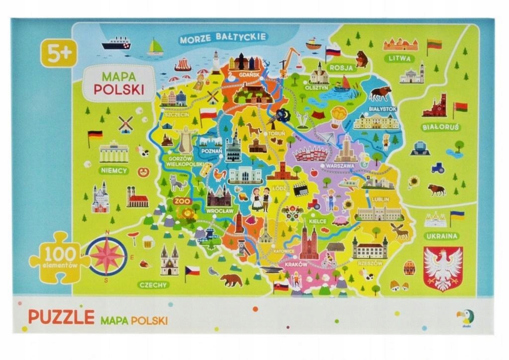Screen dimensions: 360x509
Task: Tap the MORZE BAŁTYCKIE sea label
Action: click(x=223, y=37)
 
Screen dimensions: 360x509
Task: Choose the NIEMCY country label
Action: click(x=114, y=171)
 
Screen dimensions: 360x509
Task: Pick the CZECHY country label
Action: click(x=154, y=284)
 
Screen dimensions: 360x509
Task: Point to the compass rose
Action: click(x=106, y=256)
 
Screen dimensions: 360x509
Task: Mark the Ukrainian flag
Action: click(x=457, y=216)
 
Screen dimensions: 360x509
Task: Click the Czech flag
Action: click(x=192, y=271)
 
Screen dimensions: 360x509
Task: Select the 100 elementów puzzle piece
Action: click(x=60, y=257)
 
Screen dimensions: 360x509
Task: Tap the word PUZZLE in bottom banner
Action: click(x=61, y=317)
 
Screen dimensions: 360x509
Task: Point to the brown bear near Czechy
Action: click(x=231, y=280)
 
